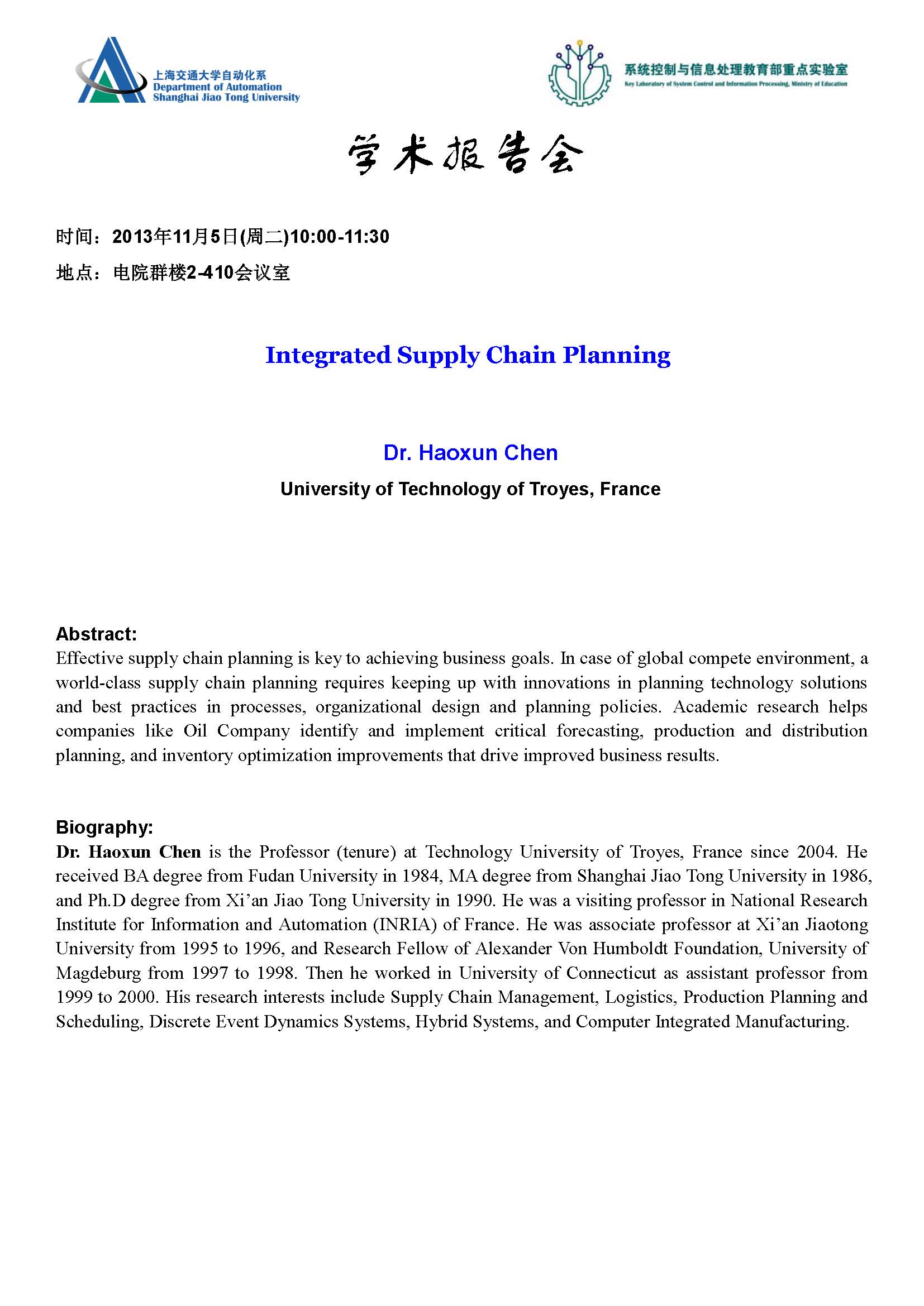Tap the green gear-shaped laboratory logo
click(x=580, y=74)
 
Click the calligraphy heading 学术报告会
click(x=465, y=154)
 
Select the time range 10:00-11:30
click(x=340, y=237)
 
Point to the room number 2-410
click(x=210, y=273)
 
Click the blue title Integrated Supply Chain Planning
click(x=468, y=355)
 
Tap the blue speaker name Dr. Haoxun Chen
click(x=470, y=453)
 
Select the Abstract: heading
click(x=96, y=634)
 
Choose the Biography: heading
click(x=104, y=827)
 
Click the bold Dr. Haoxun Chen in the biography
click(x=128, y=851)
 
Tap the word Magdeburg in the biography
click(x=98, y=973)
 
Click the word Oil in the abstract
click(x=194, y=731)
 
